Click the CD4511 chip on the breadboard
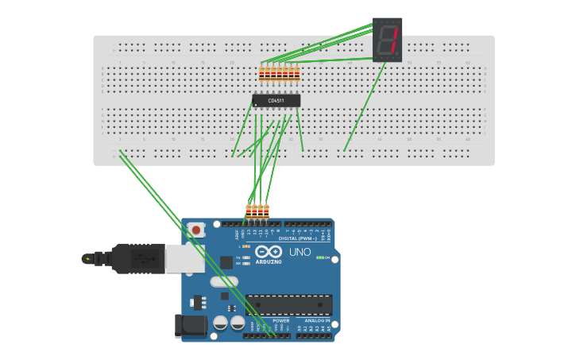click(x=276, y=101)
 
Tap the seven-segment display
click(x=388, y=40)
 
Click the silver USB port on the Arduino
click(x=184, y=258)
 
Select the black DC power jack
click(x=190, y=325)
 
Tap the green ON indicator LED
click(x=319, y=257)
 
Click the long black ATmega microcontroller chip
click(x=288, y=304)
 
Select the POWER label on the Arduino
click(x=270, y=320)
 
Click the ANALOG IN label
click(x=318, y=320)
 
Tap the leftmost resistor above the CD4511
click(x=261, y=74)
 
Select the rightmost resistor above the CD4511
click(x=297, y=74)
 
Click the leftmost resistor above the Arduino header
click(x=248, y=211)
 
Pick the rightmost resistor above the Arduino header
click(x=266, y=211)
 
